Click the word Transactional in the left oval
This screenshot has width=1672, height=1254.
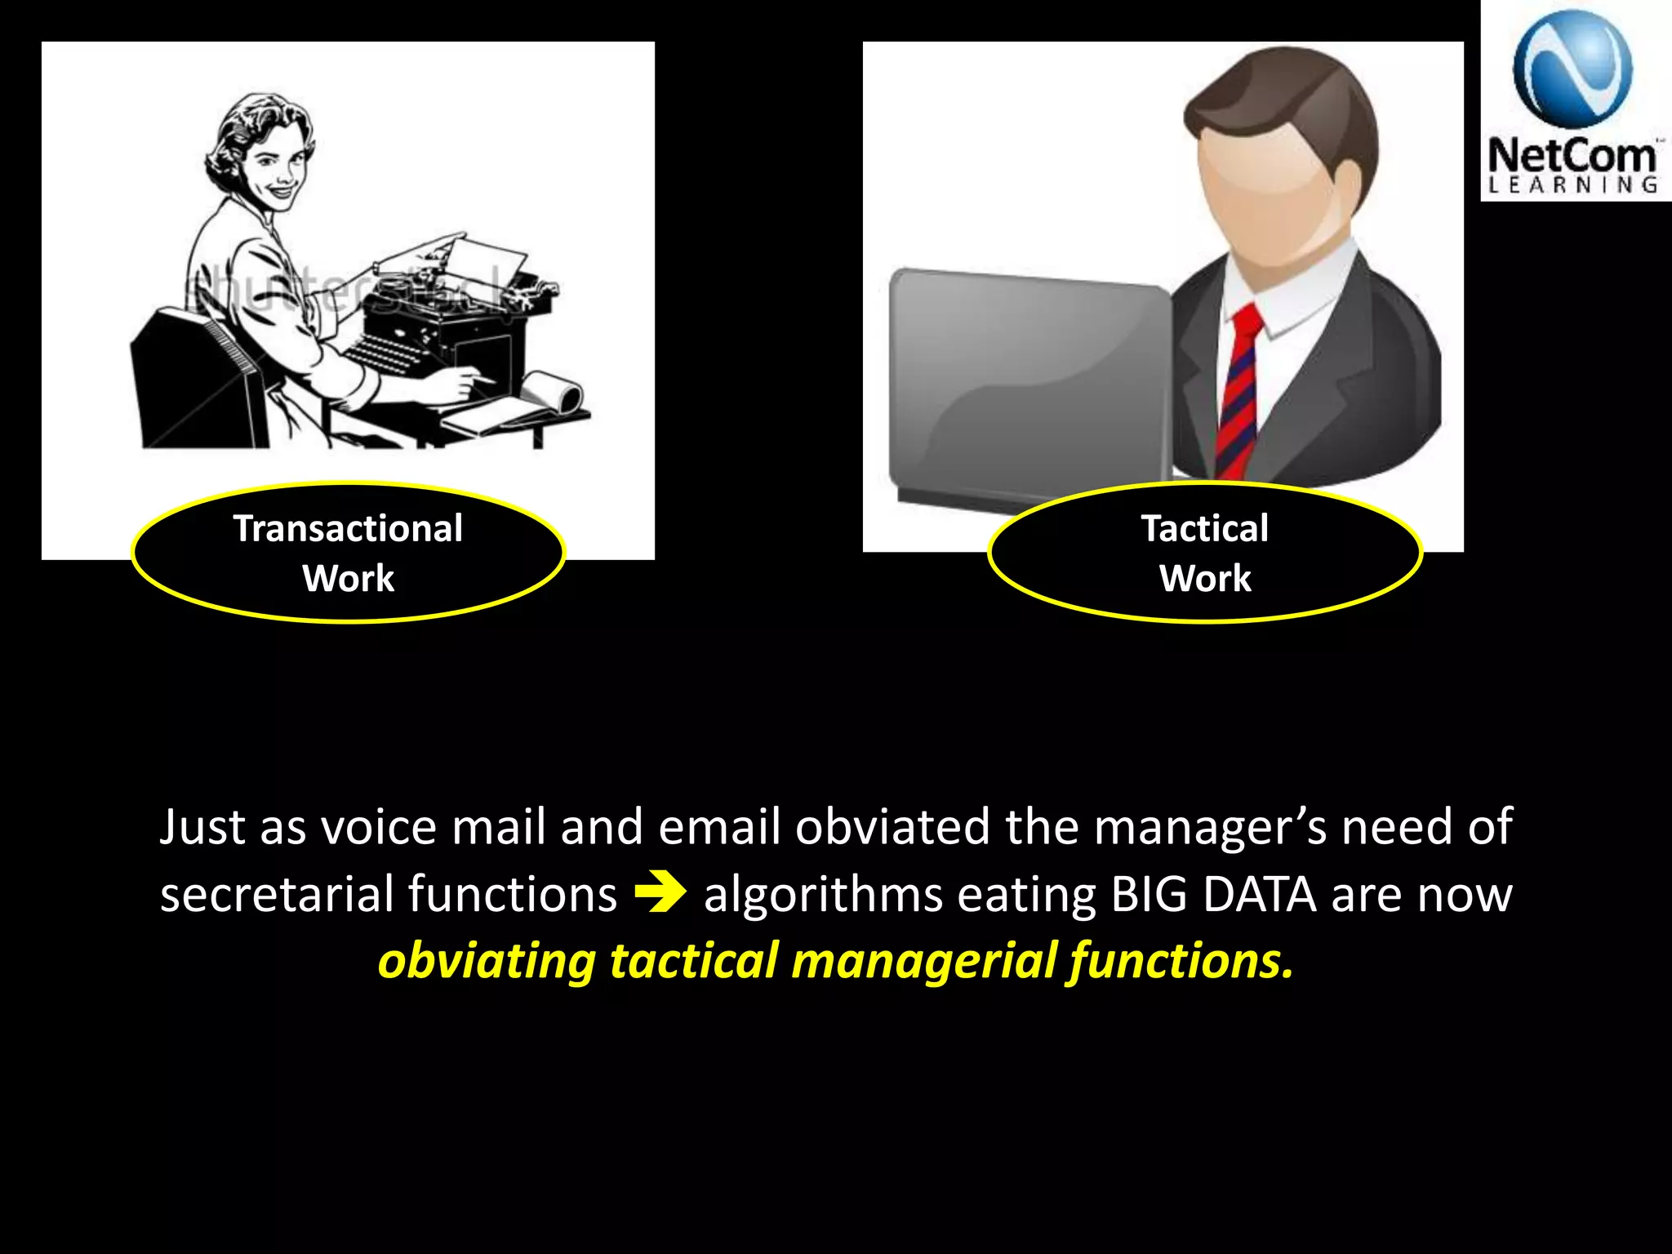click(348, 528)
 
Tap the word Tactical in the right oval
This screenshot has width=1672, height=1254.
click(1204, 528)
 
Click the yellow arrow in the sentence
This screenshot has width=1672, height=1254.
click(660, 894)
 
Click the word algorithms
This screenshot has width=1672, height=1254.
click(823, 894)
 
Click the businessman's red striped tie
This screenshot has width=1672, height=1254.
click(1238, 392)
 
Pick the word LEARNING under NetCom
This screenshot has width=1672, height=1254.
click(1572, 185)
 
